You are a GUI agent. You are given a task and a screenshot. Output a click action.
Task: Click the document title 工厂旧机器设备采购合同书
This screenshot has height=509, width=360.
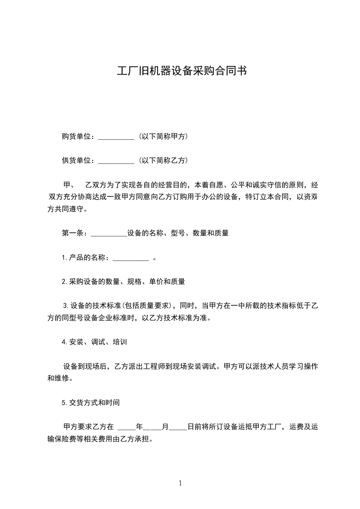point(182,71)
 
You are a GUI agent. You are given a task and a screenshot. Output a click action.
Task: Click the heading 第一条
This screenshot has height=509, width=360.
point(73,233)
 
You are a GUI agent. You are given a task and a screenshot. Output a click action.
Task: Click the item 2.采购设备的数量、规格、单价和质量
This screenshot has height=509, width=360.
point(123,281)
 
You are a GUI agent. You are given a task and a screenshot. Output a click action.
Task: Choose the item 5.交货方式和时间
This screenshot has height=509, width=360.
point(90,402)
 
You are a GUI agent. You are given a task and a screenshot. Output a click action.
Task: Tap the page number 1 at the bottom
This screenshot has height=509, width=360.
point(180,483)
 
